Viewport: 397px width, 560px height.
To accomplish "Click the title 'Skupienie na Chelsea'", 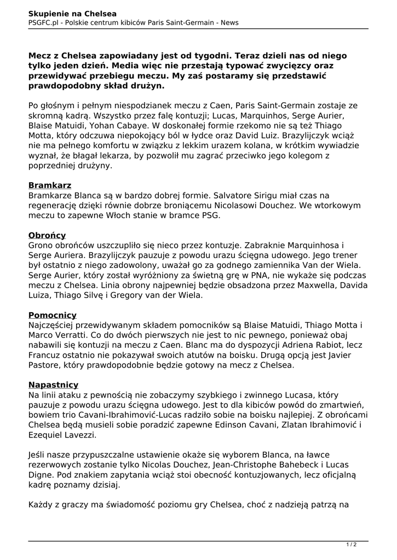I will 72,13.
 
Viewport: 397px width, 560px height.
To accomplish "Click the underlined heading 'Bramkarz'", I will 50,185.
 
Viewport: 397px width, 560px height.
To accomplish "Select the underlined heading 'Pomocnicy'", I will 53,315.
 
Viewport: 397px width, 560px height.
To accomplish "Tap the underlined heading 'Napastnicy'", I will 53,385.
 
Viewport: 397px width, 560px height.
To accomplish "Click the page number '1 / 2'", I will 351,545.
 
